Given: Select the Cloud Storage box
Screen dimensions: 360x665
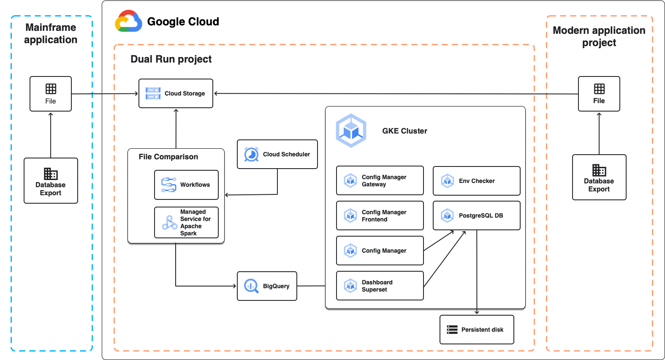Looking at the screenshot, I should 176,93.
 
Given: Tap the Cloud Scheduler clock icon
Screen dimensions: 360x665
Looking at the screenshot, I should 251,155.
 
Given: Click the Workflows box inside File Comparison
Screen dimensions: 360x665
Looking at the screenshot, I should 186,185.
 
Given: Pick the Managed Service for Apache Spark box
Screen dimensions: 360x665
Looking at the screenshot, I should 186,222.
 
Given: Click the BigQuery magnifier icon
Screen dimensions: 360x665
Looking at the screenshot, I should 251,286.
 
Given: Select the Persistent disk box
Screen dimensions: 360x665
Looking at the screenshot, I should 477,330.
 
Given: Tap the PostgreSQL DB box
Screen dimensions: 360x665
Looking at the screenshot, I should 476,215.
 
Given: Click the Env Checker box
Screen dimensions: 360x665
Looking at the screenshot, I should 476,181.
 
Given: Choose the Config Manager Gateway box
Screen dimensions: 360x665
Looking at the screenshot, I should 380,180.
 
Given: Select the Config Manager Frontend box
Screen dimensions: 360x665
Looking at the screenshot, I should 380,215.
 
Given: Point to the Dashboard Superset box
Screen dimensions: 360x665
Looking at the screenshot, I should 380,286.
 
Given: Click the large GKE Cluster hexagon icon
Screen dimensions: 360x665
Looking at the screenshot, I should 351,131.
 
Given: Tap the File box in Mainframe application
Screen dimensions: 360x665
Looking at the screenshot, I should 51,94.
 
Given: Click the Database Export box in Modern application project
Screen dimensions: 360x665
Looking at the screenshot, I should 599,177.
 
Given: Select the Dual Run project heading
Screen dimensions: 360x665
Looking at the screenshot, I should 171,59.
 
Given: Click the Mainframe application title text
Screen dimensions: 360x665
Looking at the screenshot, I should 51,33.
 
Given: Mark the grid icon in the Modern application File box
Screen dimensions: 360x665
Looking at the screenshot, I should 599,89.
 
